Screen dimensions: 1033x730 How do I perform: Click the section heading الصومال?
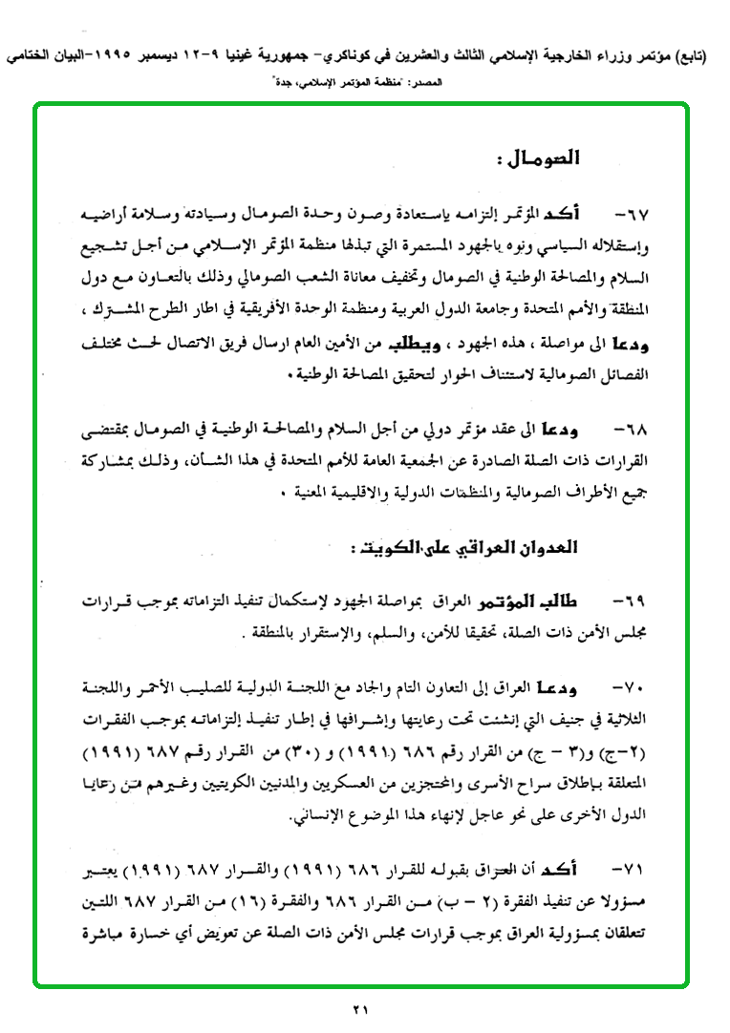click(x=539, y=158)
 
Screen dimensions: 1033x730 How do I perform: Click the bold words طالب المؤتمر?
click(x=547, y=601)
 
